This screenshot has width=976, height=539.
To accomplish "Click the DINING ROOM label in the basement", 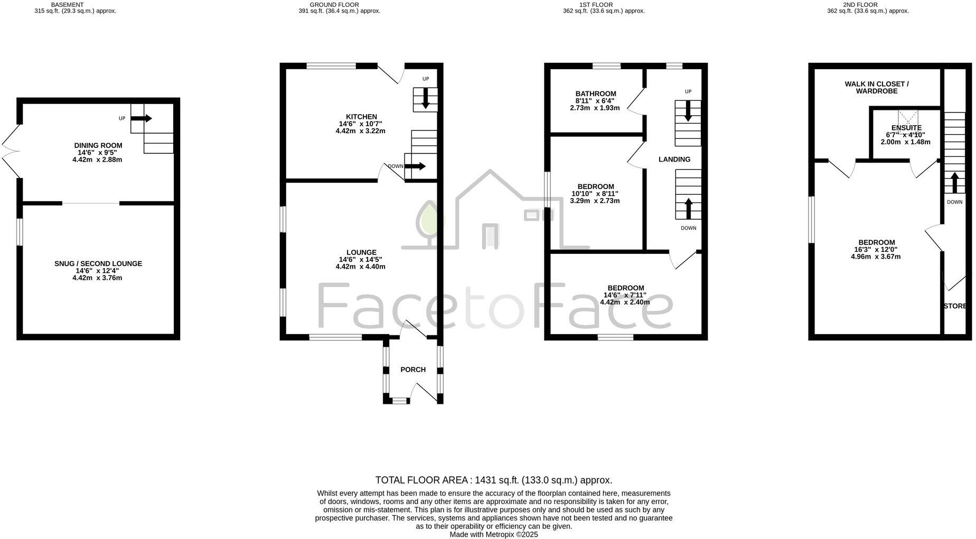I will click(98, 145).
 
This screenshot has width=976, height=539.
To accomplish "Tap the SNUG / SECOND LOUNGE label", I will click(98, 263).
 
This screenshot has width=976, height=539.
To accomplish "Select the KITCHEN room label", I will click(361, 117).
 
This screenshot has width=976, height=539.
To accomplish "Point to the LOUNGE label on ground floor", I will click(361, 252).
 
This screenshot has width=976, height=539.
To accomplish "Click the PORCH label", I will click(412, 370).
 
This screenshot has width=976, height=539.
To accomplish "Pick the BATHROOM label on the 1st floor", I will click(595, 93).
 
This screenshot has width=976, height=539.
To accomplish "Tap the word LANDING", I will click(674, 159).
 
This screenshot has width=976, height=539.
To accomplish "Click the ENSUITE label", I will click(906, 128).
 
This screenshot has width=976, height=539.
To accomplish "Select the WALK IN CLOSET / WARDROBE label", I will click(876, 87).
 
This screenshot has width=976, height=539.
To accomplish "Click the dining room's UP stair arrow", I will click(141, 118).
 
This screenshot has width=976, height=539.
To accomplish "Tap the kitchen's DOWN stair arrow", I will click(415, 166).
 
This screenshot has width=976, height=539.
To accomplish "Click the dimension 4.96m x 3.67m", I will click(875, 257).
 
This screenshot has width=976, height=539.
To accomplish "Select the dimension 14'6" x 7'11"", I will click(625, 295).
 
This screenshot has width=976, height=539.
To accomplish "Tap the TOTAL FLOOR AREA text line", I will click(493, 480).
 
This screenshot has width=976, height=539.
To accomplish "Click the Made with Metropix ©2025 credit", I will click(493, 534).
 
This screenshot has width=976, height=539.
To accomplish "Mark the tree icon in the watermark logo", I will click(430, 222).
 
